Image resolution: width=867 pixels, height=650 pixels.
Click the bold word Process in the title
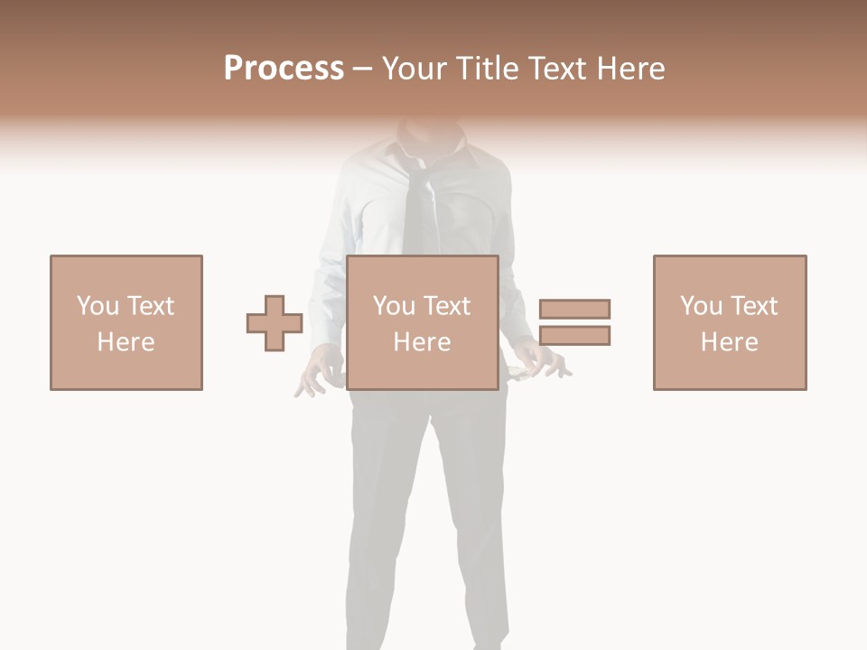pos(284,69)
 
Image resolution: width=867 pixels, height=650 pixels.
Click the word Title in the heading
pos(489,69)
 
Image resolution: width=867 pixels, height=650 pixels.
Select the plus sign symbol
pos(275,323)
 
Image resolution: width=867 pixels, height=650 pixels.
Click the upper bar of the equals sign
pos(574,309)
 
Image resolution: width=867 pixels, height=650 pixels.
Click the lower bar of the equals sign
pos(574,336)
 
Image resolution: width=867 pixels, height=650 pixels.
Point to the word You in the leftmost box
pos(96,306)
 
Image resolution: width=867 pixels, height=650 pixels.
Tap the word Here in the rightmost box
pos(730,342)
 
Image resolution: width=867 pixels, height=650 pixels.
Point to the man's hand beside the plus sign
pos(316,372)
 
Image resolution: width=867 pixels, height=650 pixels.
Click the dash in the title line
pos(363,70)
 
